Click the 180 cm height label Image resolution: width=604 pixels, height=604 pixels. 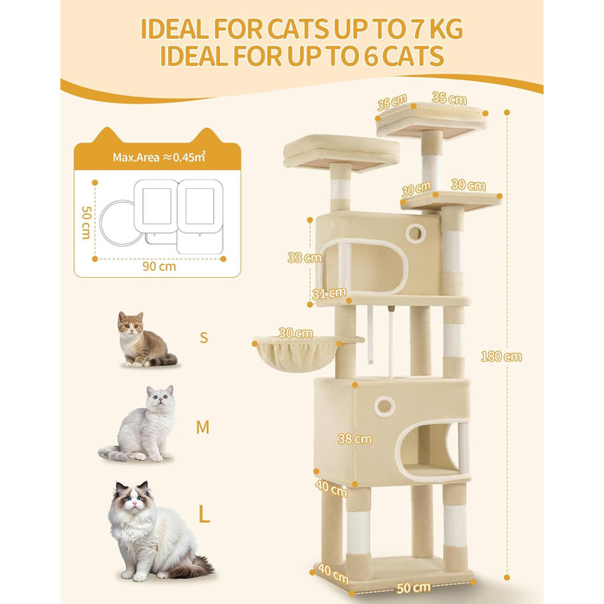(x=501, y=356)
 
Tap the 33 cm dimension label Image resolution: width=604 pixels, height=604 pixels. (x=305, y=257)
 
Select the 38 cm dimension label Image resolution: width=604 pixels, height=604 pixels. (x=355, y=438)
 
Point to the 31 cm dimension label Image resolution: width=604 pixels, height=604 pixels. (x=329, y=293)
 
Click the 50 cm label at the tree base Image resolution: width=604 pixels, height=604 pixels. (x=413, y=588)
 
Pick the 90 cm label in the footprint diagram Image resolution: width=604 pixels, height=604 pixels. (x=159, y=266)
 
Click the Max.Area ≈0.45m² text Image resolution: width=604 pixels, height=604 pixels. (x=159, y=157)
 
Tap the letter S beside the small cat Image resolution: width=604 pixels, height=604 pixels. (x=204, y=337)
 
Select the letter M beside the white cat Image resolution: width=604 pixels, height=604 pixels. (x=203, y=427)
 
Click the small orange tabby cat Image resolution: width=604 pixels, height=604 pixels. (x=144, y=339)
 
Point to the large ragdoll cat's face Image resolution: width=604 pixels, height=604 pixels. (x=133, y=499)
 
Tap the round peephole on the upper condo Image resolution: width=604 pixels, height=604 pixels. (x=415, y=233)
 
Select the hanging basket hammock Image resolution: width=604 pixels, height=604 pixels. (x=296, y=354)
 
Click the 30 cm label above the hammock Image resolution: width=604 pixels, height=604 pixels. (x=295, y=333)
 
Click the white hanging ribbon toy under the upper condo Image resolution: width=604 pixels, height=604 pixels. (x=370, y=335)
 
